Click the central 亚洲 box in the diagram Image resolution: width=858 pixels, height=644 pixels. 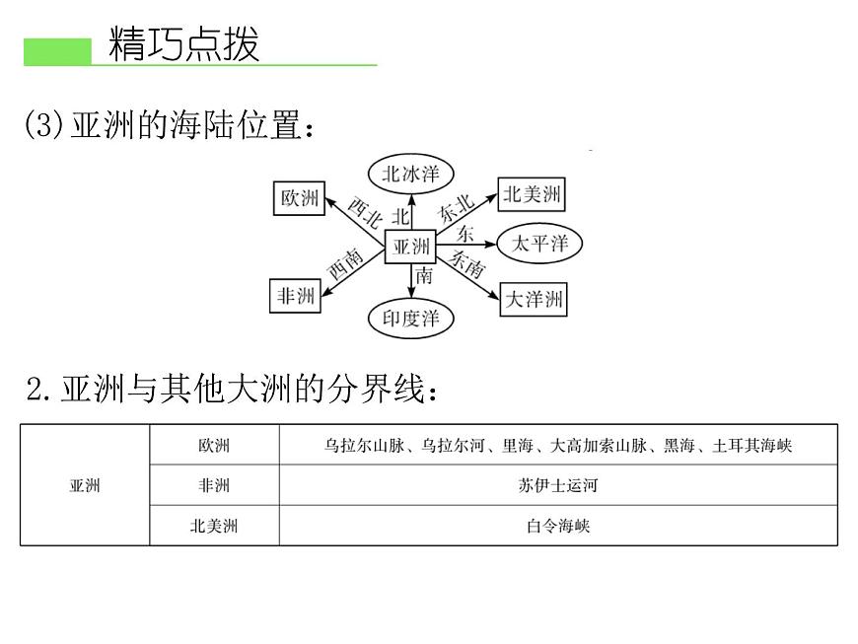pyautogui.click(x=410, y=247)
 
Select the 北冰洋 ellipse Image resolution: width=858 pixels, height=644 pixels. pyautogui.click(x=411, y=174)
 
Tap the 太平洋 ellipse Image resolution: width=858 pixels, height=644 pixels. pyautogui.click(x=539, y=243)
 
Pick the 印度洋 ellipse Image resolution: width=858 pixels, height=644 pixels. pyautogui.click(x=411, y=318)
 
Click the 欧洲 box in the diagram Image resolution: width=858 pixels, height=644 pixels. pyautogui.click(x=300, y=198)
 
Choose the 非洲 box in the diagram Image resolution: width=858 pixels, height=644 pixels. pyautogui.click(x=296, y=296)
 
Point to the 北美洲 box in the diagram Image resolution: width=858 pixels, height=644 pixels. pyautogui.click(x=532, y=194)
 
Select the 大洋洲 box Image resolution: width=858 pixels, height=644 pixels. pyautogui.click(x=534, y=299)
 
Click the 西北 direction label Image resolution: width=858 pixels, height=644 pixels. pyautogui.click(x=365, y=212)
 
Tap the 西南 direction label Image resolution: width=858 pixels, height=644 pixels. pyautogui.click(x=346, y=263)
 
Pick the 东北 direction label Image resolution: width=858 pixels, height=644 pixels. pyautogui.click(x=457, y=208)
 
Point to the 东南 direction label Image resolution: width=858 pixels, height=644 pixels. pyautogui.click(x=467, y=263)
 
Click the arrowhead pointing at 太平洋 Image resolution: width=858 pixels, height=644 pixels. pyautogui.click(x=490, y=244)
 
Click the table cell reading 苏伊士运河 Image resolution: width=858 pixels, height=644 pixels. pyautogui.click(x=558, y=485)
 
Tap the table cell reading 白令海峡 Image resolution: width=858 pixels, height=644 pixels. pyautogui.click(x=558, y=526)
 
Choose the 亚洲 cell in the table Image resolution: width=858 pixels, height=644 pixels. pyautogui.click(x=85, y=485)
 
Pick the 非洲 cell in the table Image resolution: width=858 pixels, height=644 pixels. pyautogui.click(x=214, y=485)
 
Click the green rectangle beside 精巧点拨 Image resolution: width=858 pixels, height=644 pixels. pyautogui.click(x=57, y=52)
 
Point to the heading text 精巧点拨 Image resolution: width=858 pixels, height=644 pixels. pyautogui.click(x=183, y=43)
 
